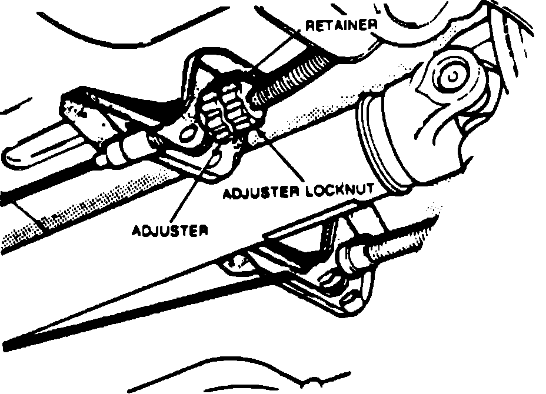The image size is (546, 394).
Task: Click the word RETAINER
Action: pos(341,26)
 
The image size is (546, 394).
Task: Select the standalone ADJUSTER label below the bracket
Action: pos(170,230)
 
